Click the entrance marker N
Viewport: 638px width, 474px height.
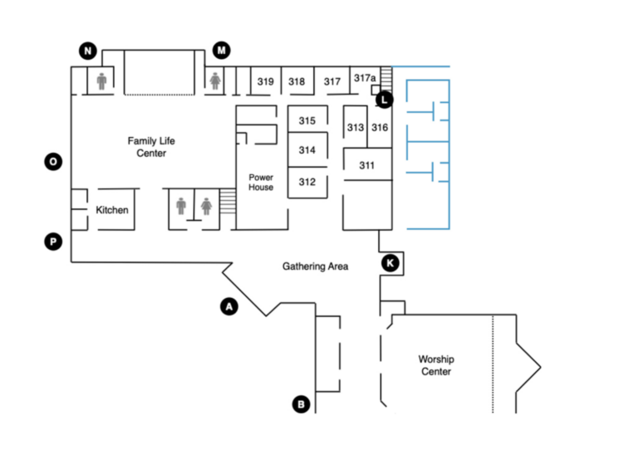(88, 51)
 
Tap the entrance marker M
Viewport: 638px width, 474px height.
(221, 50)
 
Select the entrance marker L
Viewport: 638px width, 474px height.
(384, 100)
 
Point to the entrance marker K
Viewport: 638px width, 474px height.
(390, 263)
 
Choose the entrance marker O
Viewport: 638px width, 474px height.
(53, 162)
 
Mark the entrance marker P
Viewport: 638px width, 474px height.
(53, 242)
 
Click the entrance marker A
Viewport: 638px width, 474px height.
(229, 306)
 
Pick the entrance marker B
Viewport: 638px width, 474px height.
(301, 404)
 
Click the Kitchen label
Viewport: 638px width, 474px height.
(112, 210)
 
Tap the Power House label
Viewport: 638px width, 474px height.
(261, 182)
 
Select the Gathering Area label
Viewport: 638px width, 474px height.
(316, 266)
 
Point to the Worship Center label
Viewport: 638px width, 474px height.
(436, 365)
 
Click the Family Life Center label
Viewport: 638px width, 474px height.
(151, 147)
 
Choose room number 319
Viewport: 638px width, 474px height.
(265, 81)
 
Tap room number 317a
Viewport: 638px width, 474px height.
(365, 78)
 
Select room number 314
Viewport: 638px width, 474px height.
(307, 150)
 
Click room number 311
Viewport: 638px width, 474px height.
(366, 165)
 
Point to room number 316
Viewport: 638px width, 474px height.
(380, 128)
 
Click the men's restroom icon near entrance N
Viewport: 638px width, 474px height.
(101, 81)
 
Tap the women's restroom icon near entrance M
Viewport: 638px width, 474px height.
(215, 81)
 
